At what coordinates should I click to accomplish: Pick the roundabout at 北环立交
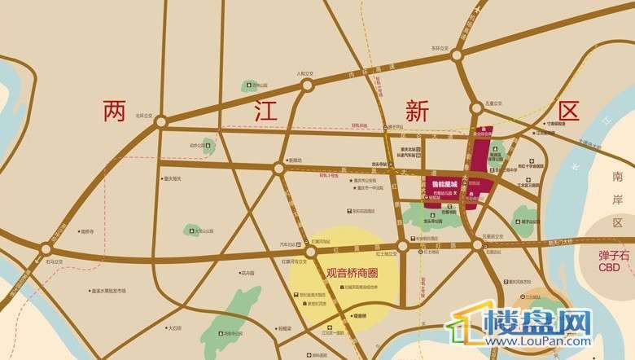(161, 121)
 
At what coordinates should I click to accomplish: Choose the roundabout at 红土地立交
(402, 246)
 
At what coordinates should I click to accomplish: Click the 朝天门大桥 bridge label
(559, 241)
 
